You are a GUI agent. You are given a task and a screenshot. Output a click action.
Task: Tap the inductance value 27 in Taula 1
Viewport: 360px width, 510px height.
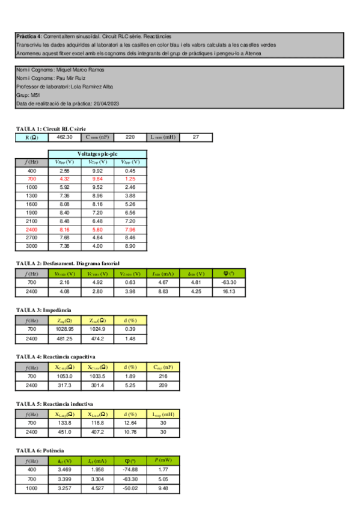[x=195, y=137]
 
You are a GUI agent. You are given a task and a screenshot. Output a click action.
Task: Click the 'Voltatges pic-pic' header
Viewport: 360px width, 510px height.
[x=97, y=154]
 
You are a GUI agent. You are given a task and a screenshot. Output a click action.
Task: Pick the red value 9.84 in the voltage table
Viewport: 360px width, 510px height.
[x=97, y=179]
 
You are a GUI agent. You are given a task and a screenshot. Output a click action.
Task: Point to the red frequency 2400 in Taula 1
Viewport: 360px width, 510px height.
[x=32, y=229]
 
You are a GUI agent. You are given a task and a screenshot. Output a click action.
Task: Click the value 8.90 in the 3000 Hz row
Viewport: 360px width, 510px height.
[x=130, y=246]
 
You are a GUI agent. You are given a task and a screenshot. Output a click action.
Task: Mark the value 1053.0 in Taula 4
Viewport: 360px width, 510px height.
[x=64, y=376]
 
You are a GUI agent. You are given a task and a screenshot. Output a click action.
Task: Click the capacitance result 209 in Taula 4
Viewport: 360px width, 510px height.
[x=162, y=385]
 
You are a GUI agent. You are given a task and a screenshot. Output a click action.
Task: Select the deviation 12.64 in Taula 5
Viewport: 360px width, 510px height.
[x=130, y=423]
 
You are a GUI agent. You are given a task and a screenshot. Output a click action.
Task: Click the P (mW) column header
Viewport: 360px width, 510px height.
[x=162, y=460]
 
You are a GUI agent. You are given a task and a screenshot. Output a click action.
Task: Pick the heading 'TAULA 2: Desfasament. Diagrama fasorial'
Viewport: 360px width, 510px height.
[x=68, y=263]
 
